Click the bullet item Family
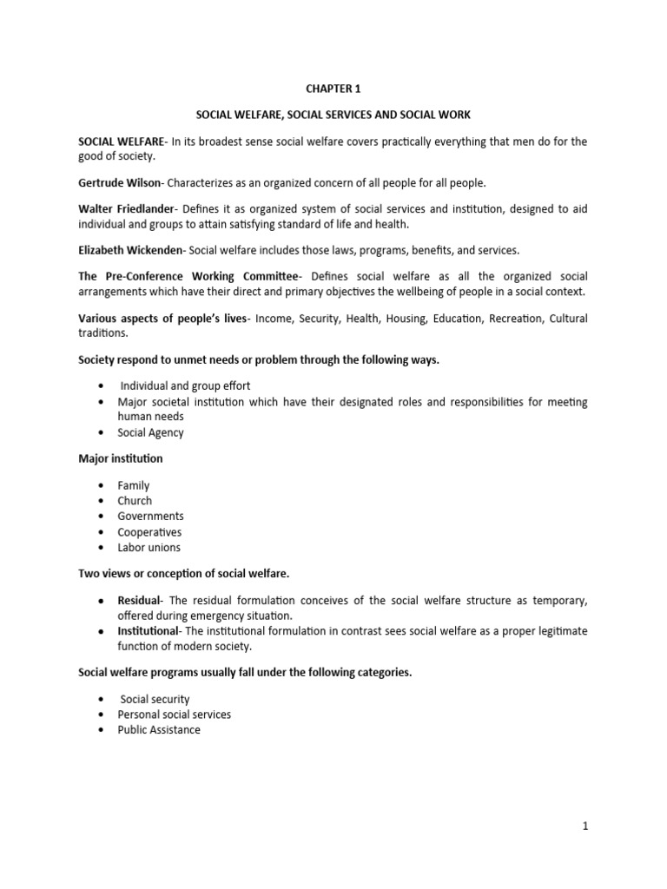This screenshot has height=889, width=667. [x=134, y=485]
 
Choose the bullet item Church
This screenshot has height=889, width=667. [x=135, y=501]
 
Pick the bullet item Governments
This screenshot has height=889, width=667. [x=150, y=517]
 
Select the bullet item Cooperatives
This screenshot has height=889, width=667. [x=149, y=532]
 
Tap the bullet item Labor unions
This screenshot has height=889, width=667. [x=149, y=548]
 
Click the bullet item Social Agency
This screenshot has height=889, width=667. [x=150, y=432]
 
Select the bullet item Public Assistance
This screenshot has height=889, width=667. [x=159, y=730]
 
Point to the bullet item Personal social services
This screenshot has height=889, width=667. [x=174, y=714]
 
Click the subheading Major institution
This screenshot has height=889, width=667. [x=120, y=458]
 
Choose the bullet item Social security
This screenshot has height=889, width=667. [x=155, y=699]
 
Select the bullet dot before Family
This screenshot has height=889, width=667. [x=102, y=485]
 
